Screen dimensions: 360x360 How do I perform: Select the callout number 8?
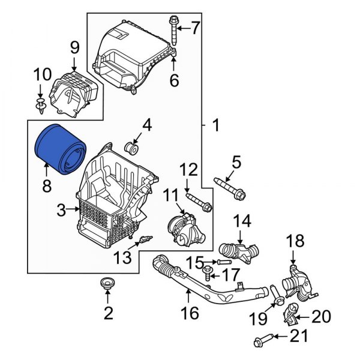tap(47, 187)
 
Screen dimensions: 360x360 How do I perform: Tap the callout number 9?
tap(74, 46)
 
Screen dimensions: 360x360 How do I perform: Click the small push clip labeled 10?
tap(41, 108)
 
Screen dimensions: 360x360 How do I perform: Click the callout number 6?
tap(174, 80)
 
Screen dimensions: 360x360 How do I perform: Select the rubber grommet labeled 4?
tap(132, 148)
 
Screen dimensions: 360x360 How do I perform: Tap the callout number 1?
tap(215, 125)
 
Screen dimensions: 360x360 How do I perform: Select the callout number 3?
tap(61, 209)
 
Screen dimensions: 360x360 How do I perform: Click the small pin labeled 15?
tap(223, 263)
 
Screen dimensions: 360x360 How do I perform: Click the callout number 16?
tap(190, 312)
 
